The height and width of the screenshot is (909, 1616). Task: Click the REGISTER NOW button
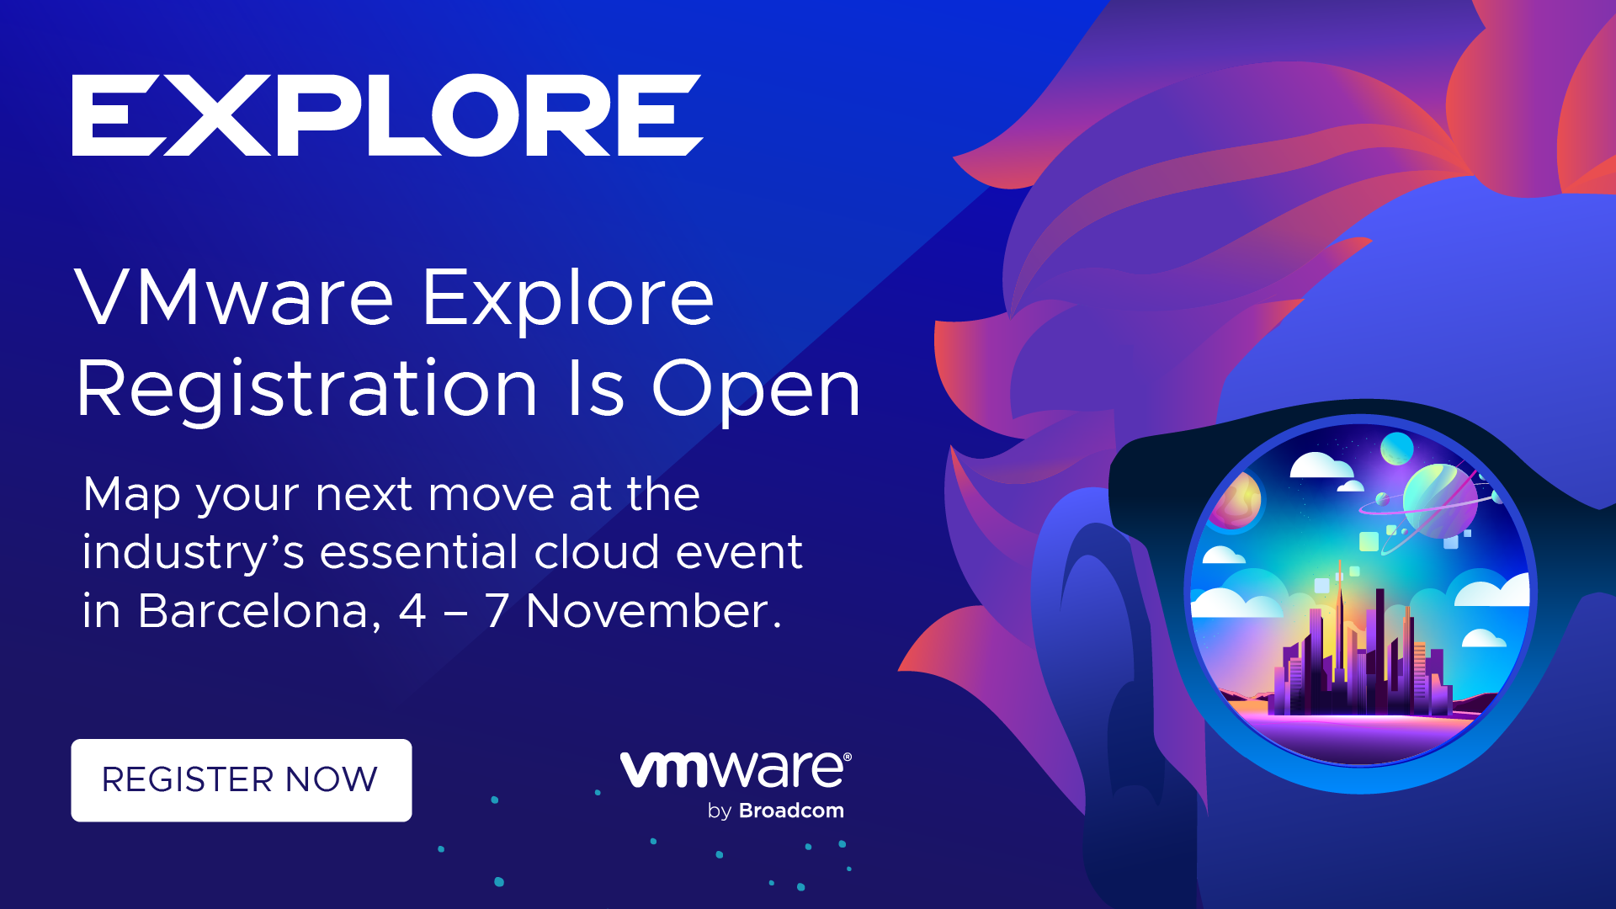pos(242,780)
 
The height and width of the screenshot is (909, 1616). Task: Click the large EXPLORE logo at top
pos(387,115)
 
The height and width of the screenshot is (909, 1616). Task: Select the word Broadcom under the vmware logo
pos(791,811)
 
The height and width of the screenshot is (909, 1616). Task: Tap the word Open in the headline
pos(757,391)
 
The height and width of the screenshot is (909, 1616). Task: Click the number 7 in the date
pos(497,611)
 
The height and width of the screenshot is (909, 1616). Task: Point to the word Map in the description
pos(132,495)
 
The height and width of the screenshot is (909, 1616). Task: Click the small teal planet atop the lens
pos(1397,448)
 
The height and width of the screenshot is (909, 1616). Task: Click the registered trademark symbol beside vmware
pos(848,757)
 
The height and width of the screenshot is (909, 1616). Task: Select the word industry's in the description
pos(193,554)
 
